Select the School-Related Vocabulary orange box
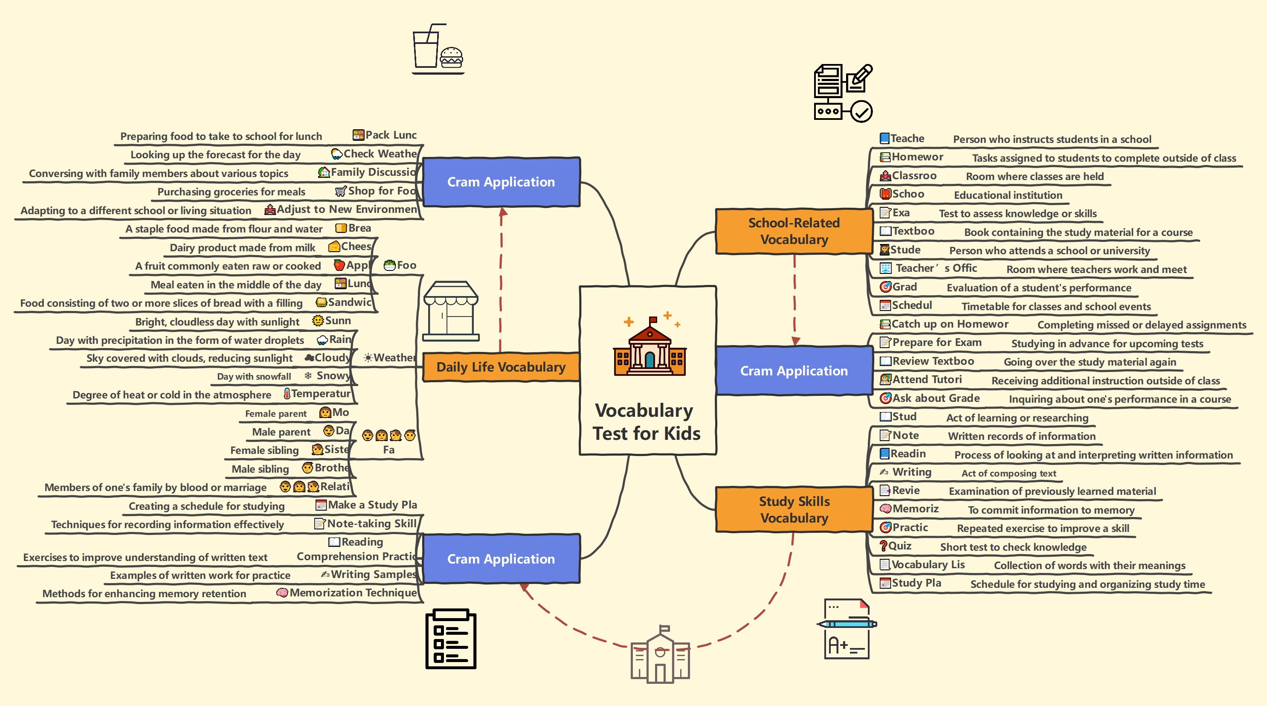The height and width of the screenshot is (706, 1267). (x=793, y=231)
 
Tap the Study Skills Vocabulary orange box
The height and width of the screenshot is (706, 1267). (x=793, y=510)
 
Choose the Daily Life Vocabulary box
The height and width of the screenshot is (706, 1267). (x=501, y=367)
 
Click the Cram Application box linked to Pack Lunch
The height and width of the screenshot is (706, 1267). (x=501, y=182)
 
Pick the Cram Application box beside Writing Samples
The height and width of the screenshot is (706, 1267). (x=501, y=559)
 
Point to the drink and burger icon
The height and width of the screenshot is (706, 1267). (x=437, y=49)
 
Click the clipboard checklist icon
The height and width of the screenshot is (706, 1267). (x=450, y=639)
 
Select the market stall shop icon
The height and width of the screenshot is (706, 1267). (x=450, y=311)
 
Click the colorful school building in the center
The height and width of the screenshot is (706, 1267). (x=649, y=347)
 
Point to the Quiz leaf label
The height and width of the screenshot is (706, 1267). (x=899, y=546)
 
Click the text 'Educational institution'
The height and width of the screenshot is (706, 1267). (x=1008, y=195)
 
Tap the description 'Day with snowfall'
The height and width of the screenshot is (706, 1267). (x=254, y=377)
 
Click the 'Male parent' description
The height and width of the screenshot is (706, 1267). (x=281, y=432)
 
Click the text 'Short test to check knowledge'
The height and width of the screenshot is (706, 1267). (x=1013, y=547)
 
